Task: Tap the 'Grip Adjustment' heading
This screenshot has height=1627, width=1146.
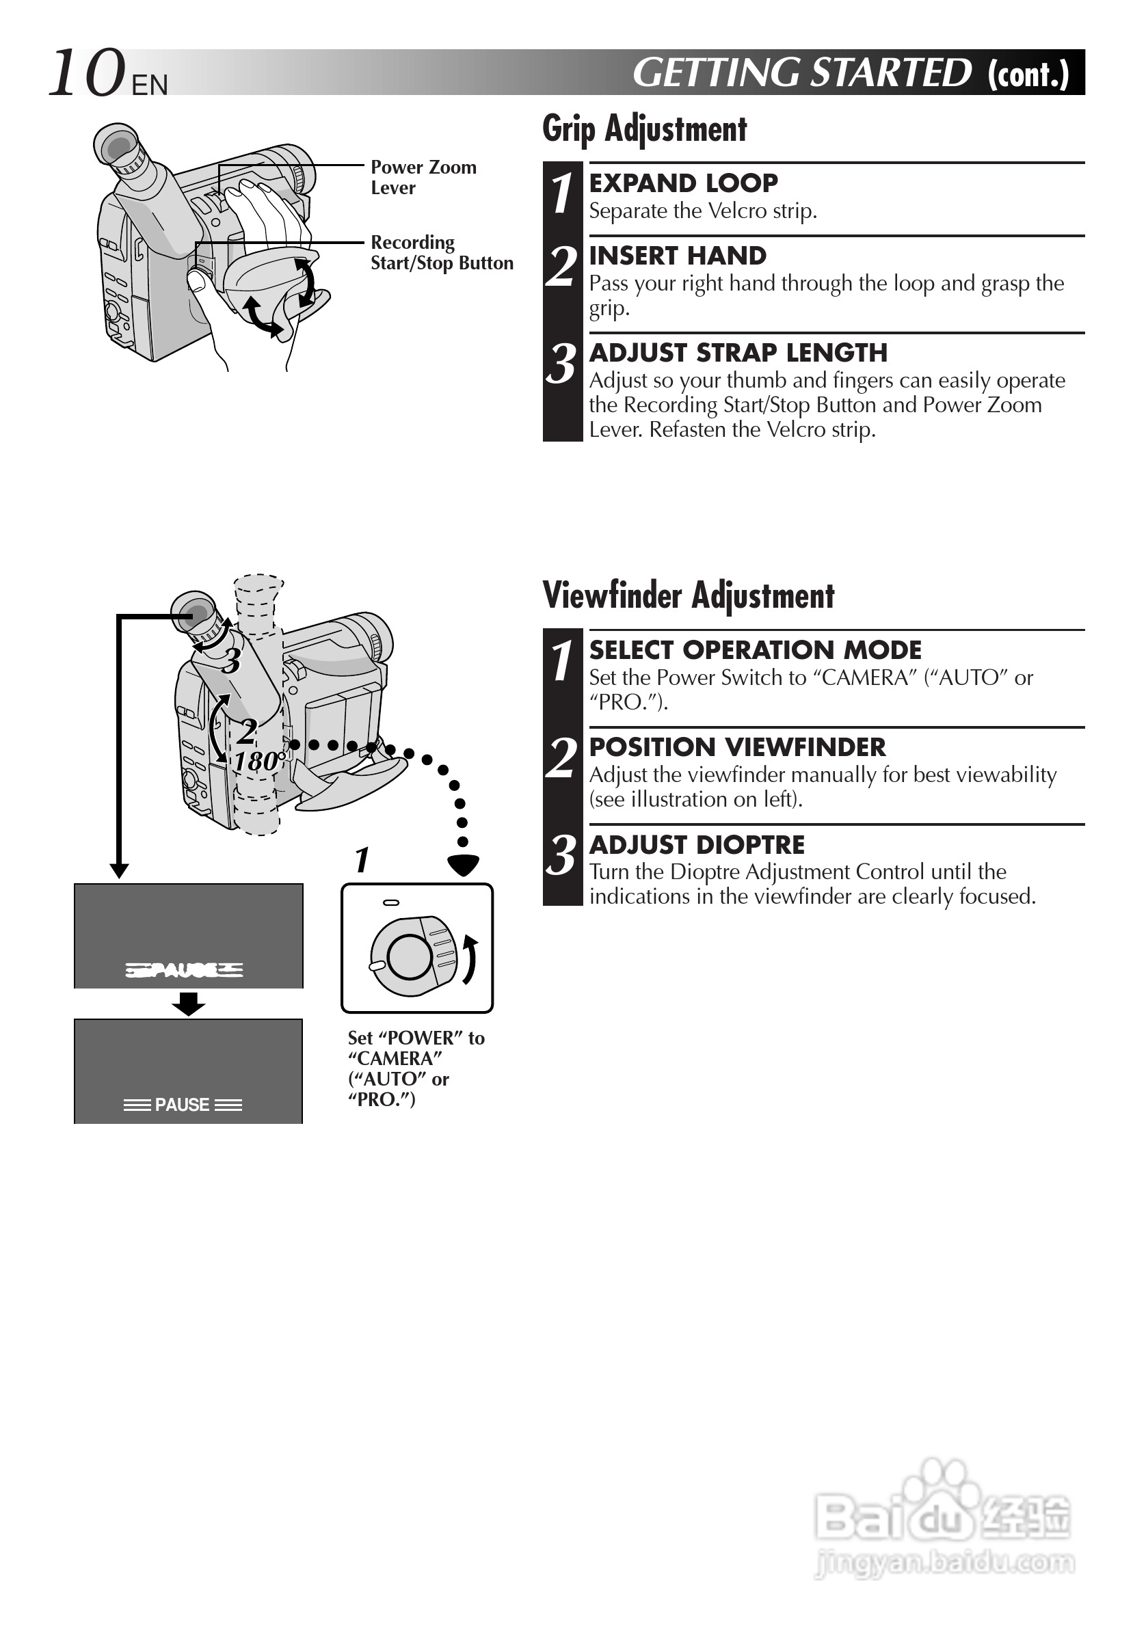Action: coord(644,130)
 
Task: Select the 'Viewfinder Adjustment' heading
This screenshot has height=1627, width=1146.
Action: coord(688,595)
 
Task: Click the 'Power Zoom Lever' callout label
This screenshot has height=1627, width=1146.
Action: coord(423,177)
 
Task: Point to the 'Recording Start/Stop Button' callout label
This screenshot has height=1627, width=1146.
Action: coord(441,252)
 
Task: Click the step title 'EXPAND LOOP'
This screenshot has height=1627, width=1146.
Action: coord(683,183)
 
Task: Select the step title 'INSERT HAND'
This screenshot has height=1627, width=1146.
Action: coord(678,255)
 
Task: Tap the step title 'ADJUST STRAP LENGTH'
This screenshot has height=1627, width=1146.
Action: coord(738,352)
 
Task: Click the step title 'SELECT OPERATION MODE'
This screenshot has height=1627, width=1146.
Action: coord(755,650)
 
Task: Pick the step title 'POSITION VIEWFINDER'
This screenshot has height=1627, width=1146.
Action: coord(737,747)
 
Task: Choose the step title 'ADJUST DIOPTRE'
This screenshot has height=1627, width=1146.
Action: coord(697,845)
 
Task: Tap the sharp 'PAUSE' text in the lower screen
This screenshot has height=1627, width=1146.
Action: coord(182,1105)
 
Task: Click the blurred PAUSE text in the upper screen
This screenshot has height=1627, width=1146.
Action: coord(183,970)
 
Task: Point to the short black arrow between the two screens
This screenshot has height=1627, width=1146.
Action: coord(188,1004)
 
